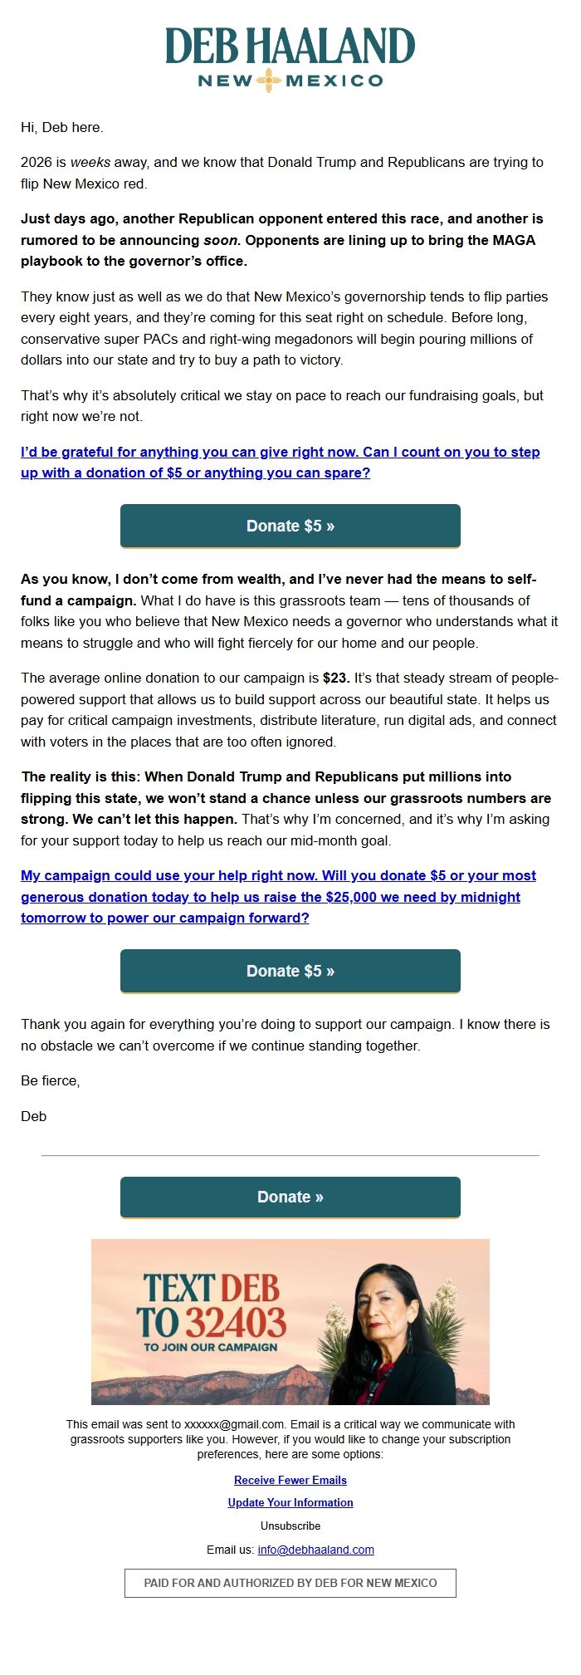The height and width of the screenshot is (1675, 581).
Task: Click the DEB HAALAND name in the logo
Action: coord(290,47)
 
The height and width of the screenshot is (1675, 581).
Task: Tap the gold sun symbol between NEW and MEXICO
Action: coord(268,81)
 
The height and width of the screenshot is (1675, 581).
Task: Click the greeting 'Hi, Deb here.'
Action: coord(62,127)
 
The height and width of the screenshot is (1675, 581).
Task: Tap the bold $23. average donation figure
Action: coord(336,678)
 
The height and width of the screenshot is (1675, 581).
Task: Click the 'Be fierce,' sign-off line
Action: coord(51,1080)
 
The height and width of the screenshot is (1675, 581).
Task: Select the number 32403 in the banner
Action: coord(235,1322)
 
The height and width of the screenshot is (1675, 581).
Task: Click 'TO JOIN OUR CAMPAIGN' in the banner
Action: coord(211,1347)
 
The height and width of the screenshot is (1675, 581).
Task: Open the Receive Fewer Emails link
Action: coord(290,1480)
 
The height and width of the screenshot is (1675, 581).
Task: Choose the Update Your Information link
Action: coord(290,1502)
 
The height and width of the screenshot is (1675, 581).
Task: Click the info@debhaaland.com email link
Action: coord(315,1550)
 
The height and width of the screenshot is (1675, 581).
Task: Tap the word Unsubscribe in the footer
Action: coord(290,1526)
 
